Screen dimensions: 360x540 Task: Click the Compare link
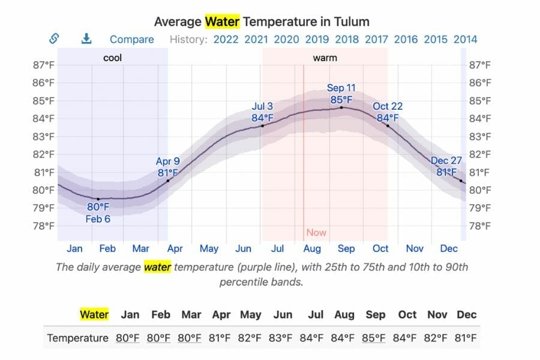tap(131, 40)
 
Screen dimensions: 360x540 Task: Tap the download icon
tap(86, 39)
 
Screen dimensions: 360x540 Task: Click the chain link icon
tap(54, 39)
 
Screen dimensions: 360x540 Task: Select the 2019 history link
tap(317, 40)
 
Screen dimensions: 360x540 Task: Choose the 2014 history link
tap(465, 40)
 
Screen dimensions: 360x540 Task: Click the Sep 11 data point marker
tap(341, 107)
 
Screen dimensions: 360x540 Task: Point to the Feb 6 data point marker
tap(98, 199)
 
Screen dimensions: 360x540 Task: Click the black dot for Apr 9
tap(168, 181)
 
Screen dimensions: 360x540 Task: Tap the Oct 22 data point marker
tap(388, 126)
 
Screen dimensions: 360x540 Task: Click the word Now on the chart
tap(316, 232)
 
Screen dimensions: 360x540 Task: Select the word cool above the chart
tap(113, 58)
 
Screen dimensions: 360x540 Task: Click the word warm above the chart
tap(325, 58)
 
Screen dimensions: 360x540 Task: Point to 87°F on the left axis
tap(43, 65)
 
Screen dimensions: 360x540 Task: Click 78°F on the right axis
tap(481, 226)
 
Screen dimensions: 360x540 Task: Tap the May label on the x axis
tap(209, 248)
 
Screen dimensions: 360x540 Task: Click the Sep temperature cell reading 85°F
tap(374, 338)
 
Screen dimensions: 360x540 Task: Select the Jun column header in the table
tap(283, 314)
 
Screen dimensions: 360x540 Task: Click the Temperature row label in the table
tap(77, 338)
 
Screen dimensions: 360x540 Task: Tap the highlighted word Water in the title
tap(222, 22)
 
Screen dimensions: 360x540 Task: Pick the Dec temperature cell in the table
tap(466, 338)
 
